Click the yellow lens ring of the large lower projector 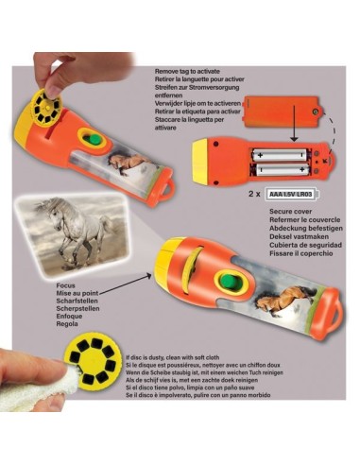[172, 257]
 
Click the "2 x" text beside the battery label [252, 193]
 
